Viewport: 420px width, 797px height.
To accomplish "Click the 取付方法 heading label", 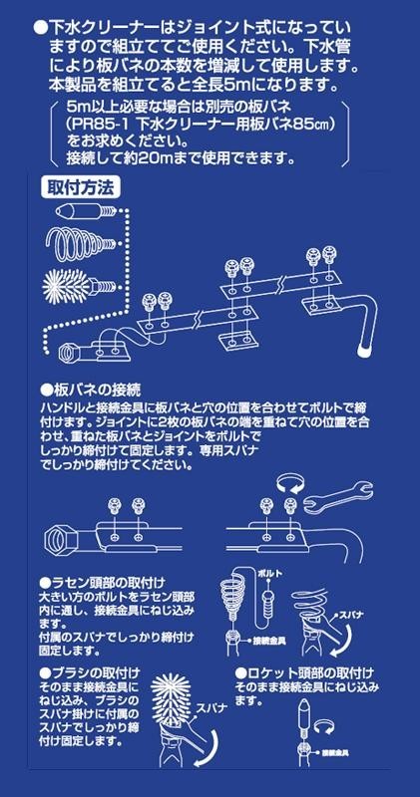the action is coord(82,188).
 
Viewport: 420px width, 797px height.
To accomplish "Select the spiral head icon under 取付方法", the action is coord(81,242).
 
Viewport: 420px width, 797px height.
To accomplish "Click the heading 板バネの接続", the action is coord(90,390).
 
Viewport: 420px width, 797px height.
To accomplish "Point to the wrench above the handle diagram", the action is coord(338,495).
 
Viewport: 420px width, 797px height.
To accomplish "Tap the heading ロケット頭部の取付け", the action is coord(304,673).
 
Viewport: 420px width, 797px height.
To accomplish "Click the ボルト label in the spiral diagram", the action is coord(269,574).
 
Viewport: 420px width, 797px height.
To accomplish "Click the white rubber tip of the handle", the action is coord(363,351).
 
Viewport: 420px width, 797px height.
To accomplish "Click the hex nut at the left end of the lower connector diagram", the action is coord(60,536).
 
